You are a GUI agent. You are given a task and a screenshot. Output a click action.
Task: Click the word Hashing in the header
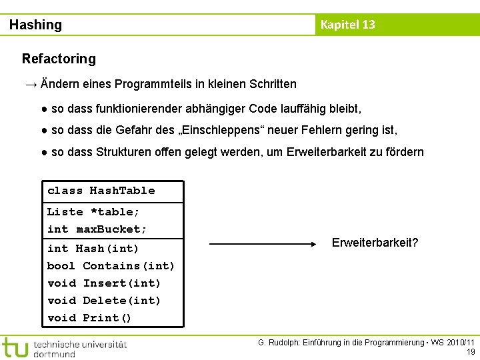click(35, 25)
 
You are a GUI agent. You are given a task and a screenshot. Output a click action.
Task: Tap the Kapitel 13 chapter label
click(347, 25)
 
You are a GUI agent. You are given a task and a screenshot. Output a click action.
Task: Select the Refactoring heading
click(59, 59)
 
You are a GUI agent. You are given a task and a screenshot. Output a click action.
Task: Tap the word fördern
click(403, 152)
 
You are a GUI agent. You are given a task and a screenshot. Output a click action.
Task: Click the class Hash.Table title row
click(101, 191)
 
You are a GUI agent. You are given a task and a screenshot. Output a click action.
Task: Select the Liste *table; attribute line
click(93, 212)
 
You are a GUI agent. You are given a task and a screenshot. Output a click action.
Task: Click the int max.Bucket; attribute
click(97, 229)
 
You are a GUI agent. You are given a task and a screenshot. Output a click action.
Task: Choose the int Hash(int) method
click(93, 249)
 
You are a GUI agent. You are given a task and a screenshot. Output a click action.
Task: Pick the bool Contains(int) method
click(111, 266)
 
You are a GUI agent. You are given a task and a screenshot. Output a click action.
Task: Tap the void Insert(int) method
click(104, 283)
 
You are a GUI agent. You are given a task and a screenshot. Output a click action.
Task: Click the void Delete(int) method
click(104, 301)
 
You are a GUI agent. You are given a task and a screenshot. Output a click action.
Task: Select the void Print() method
click(89, 318)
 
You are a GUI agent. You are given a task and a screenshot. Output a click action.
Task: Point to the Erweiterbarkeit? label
click(375, 243)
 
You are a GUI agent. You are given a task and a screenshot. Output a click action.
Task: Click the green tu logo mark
click(15, 347)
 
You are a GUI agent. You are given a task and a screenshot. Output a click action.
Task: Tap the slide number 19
click(471, 352)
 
